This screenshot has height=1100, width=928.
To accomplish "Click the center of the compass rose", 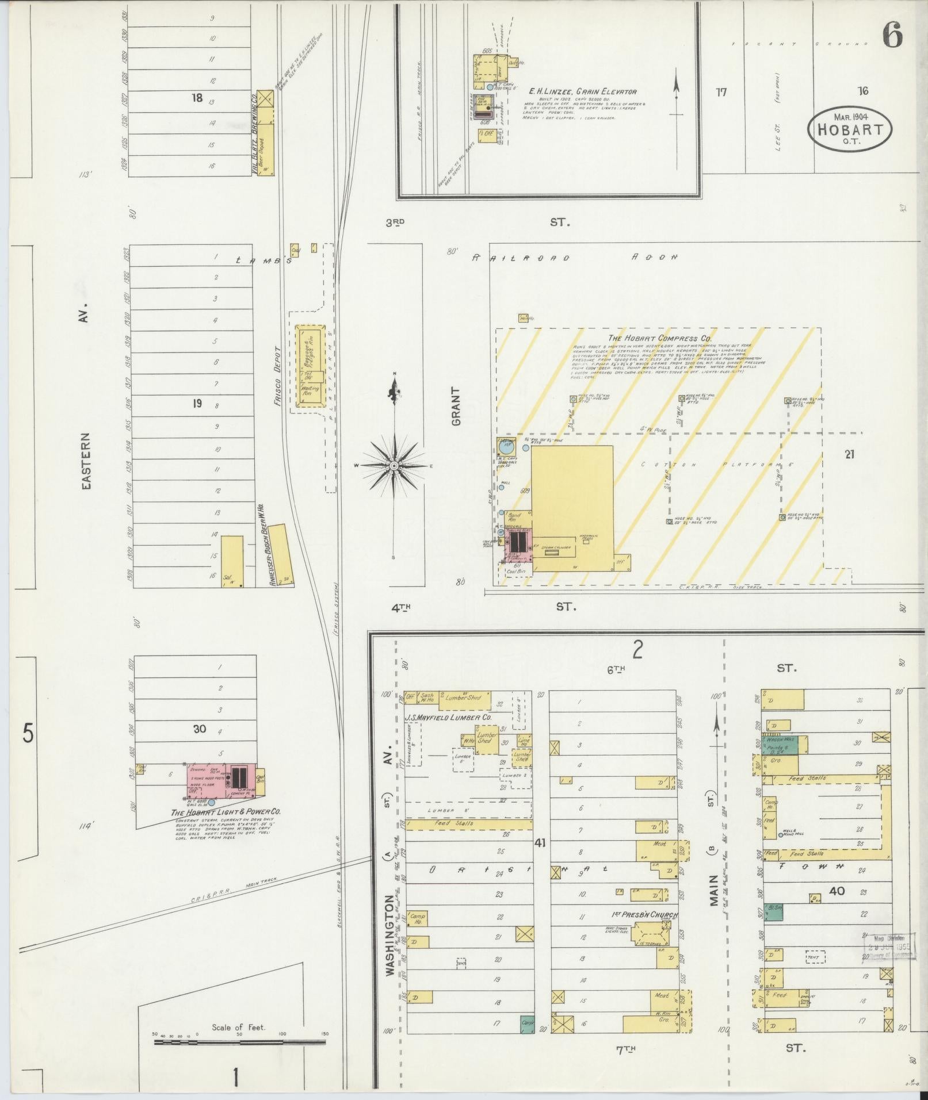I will (x=394, y=465).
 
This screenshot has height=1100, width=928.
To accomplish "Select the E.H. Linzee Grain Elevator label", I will (x=583, y=91).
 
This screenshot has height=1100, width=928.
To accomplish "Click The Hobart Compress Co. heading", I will (x=658, y=339).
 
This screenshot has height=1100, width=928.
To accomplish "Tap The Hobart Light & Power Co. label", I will (x=226, y=812).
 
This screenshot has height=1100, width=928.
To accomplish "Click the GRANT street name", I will (x=457, y=406).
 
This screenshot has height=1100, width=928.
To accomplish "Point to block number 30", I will (x=199, y=729).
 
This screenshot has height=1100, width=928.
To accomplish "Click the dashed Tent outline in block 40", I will (x=815, y=956).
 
